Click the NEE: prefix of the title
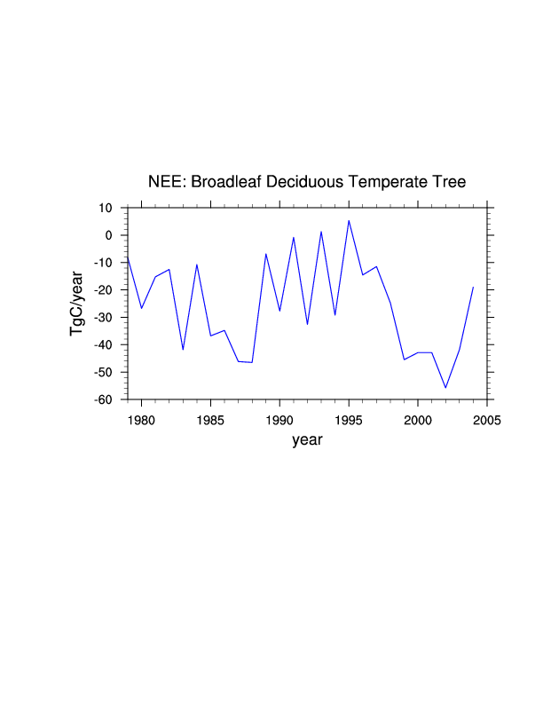coord(165,182)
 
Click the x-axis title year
coord(307,439)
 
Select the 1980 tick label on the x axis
coord(141,419)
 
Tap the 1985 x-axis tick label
coord(210,419)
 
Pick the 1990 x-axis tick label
coord(279,419)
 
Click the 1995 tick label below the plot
coord(349,419)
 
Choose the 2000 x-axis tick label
coord(418,419)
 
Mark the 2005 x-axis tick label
coord(487,419)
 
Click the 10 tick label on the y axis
coord(106,208)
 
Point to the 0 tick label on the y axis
coord(109,235)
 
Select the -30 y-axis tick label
coord(103,318)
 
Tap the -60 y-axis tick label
coord(103,400)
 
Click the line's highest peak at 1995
coord(349,220)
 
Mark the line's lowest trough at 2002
coord(445,388)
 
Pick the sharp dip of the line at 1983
coord(183,350)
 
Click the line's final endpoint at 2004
coord(473,287)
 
